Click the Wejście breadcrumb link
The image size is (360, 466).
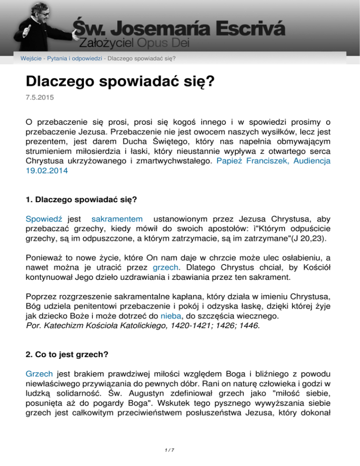click(x=30, y=59)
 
